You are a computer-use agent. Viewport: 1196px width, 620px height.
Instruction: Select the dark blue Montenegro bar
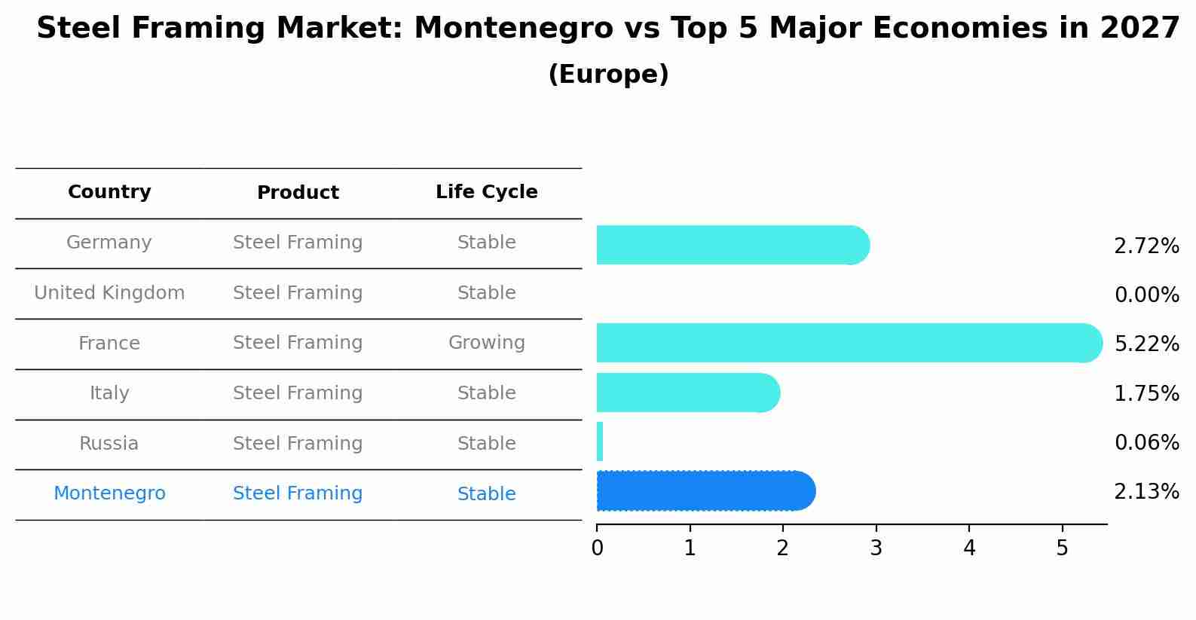(x=705, y=491)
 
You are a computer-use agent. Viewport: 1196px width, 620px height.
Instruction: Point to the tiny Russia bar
(x=600, y=441)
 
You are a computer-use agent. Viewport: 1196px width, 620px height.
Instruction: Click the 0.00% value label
(x=1146, y=295)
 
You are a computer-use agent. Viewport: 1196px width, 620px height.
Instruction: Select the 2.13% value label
(x=1146, y=492)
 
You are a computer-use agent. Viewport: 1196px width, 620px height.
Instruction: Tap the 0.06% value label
(x=1146, y=442)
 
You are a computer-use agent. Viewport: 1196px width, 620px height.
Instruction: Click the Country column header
(x=109, y=192)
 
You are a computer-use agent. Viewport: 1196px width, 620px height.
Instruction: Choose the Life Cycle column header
(x=486, y=192)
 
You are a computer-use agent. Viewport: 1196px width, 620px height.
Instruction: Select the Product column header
(x=298, y=193)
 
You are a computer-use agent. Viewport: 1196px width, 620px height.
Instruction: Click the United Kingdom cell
(x=109, y=293)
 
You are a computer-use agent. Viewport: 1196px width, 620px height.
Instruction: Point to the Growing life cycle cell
(x=486, y=343)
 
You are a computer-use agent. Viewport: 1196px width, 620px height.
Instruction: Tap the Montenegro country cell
(x=109, y=493)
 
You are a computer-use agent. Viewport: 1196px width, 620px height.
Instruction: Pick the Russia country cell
(x=109, y=444)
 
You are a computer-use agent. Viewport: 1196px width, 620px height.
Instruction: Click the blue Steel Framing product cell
(x=298, y=493)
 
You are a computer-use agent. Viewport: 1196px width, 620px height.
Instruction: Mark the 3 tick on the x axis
(x=876, y=548)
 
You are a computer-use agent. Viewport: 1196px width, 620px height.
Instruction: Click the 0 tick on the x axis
(x=597, y=548)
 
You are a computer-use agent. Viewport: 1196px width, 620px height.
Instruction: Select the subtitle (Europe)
(x=608, y=75)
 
